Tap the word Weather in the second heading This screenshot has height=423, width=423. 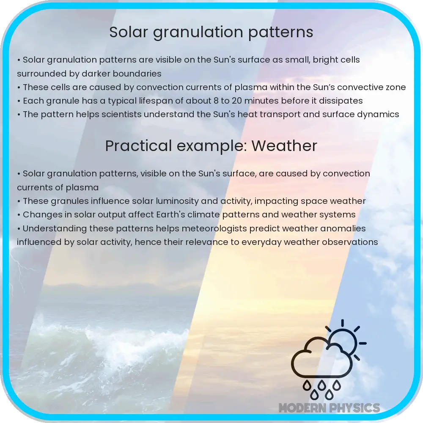284,146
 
